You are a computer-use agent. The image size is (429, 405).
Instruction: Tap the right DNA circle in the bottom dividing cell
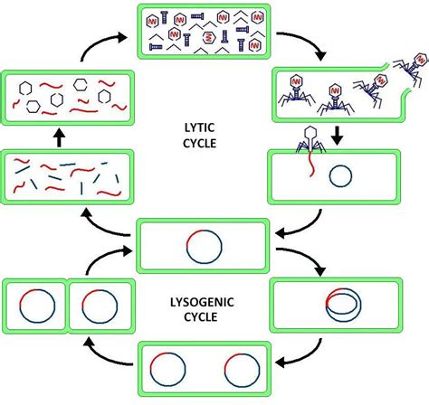pyautogui.click(x=241, y=368)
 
